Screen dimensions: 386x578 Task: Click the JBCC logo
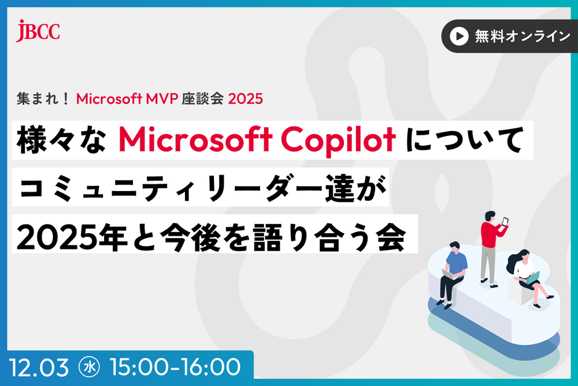tap(38, 31)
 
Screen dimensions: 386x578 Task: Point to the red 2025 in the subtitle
tap(246, 99)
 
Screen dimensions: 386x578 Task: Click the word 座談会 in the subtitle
tap(206, 99)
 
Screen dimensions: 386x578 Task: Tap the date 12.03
tap(38, 366)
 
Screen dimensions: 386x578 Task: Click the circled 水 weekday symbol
tap(92, 366)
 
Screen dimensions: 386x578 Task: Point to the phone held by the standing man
tap(505, 221)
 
